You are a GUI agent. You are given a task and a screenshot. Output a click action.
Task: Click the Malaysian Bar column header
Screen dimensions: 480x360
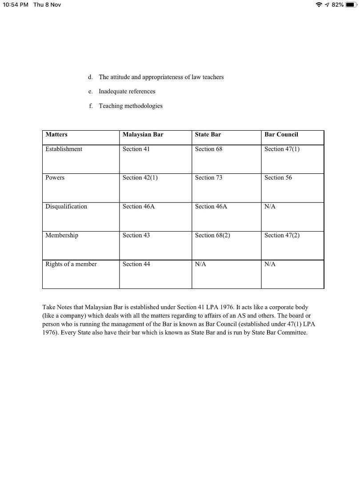(x=143, y=135)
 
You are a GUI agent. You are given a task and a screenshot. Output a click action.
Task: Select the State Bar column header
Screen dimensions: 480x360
(x=208, y=135)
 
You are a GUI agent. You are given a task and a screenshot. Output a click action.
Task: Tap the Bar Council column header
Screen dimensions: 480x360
(x=281, y=135)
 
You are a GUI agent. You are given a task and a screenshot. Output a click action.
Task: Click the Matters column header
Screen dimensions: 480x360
(x=56, y=135)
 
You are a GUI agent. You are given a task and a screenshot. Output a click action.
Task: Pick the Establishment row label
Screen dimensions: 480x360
(x=64, y=149)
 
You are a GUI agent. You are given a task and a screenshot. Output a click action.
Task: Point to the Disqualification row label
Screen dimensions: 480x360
(x=66, y=207)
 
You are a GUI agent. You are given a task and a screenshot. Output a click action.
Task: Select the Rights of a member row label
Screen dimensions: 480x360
(x=71, y=264)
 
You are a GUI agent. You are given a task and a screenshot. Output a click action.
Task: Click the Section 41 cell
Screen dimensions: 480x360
(x=136, y=149)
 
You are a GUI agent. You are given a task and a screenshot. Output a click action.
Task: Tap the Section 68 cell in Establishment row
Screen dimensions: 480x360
(x=208, y=149)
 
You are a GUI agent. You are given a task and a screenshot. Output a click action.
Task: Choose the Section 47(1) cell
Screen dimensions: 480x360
(x=282, y=149)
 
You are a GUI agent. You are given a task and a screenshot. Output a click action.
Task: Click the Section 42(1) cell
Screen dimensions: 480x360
(x=140, y=178)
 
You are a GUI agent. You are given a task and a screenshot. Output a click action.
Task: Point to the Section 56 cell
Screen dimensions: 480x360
(x=278, y=178)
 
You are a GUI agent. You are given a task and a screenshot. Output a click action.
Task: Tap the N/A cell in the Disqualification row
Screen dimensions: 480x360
(x=270, y=207)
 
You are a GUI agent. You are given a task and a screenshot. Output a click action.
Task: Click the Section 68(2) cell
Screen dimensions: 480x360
(x=212, y=236)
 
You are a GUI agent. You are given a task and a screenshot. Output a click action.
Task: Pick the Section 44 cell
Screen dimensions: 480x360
(x=136, y=264)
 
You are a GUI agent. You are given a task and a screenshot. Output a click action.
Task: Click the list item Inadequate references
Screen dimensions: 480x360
(x=127, y=92)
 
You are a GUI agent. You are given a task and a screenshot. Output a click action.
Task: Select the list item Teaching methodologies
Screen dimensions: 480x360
(x=130, y=106)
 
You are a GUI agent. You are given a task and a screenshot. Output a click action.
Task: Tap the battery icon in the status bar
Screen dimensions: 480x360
(x=352, y=4)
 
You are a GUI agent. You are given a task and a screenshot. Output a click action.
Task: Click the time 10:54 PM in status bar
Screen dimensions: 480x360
(x=15, y=4)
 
